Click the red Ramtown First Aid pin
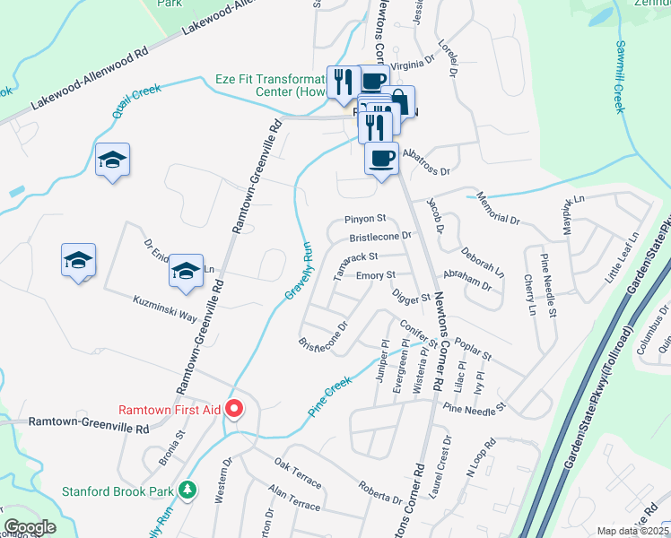click(x=235, y=409)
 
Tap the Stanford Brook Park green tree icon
click(x=187, y=490)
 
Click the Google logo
click(x=30, y=527)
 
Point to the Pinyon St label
click(x=365, y=218)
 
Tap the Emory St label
click(x=375, y=275)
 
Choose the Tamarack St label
click(x=351, y=266)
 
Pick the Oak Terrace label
click(x=297, y=472)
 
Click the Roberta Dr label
click(x=379, y=493)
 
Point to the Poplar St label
click(x=474, y=350)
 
